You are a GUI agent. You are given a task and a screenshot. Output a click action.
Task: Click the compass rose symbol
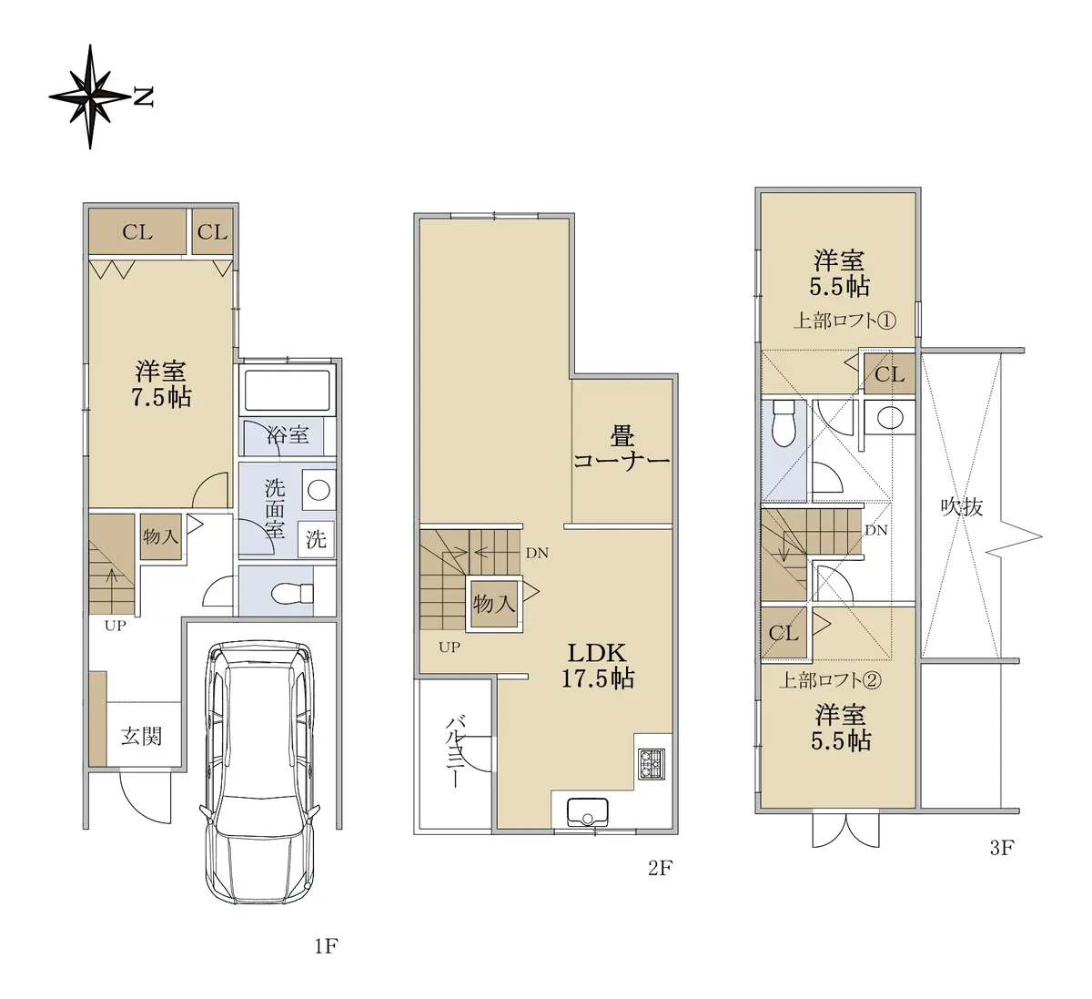[x=90, y=97]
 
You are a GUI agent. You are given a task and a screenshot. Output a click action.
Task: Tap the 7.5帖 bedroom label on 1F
[x=161, y=384]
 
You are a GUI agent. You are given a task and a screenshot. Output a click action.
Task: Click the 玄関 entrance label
[x=142, y=737]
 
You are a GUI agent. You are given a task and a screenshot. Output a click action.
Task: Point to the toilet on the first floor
[x=292, y=593]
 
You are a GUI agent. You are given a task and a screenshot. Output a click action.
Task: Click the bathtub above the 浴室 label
[x=288, y=391]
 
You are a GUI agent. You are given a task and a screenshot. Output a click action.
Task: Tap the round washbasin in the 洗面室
[x=318, y=490]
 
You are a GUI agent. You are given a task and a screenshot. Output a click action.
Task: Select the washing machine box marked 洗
[x=317, y=539]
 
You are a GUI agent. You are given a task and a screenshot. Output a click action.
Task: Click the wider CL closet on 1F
[x=137, y=231]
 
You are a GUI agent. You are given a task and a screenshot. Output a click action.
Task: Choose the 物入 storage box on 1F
[x=160, y=536]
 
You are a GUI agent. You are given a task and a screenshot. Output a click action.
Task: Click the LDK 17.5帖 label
[x=598, y=666]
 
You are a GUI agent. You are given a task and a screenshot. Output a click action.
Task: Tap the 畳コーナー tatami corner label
[x=622, y=449]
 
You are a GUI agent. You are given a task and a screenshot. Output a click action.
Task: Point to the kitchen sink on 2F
[x=587, y=812]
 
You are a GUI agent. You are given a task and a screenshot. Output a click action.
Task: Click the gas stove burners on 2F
[x=652, y=763]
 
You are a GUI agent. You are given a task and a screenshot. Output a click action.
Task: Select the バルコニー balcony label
[x=453, y=752]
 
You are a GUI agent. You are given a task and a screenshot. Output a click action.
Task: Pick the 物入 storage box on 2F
[x=494, y=604]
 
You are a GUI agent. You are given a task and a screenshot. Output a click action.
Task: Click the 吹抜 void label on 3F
[x=963, y=507]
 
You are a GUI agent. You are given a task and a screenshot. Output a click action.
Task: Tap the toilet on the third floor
[x=784, y=423]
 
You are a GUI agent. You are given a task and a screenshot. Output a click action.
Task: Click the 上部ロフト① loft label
[x=844, y=321]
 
